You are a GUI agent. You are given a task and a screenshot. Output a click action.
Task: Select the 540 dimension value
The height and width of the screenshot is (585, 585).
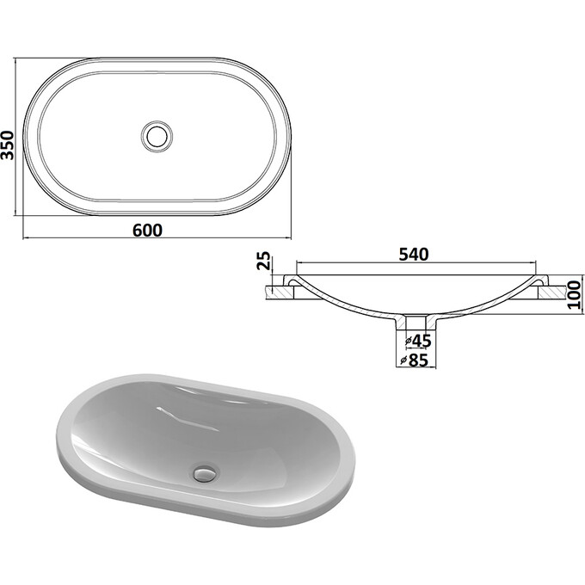point(414,254)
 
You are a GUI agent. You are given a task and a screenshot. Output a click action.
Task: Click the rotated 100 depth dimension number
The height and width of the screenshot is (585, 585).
point(574,294)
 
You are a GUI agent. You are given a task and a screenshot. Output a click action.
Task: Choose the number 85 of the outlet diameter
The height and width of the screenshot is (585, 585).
point(421,360)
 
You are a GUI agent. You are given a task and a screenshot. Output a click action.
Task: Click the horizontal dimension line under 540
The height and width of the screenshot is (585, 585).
point(416,263)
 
